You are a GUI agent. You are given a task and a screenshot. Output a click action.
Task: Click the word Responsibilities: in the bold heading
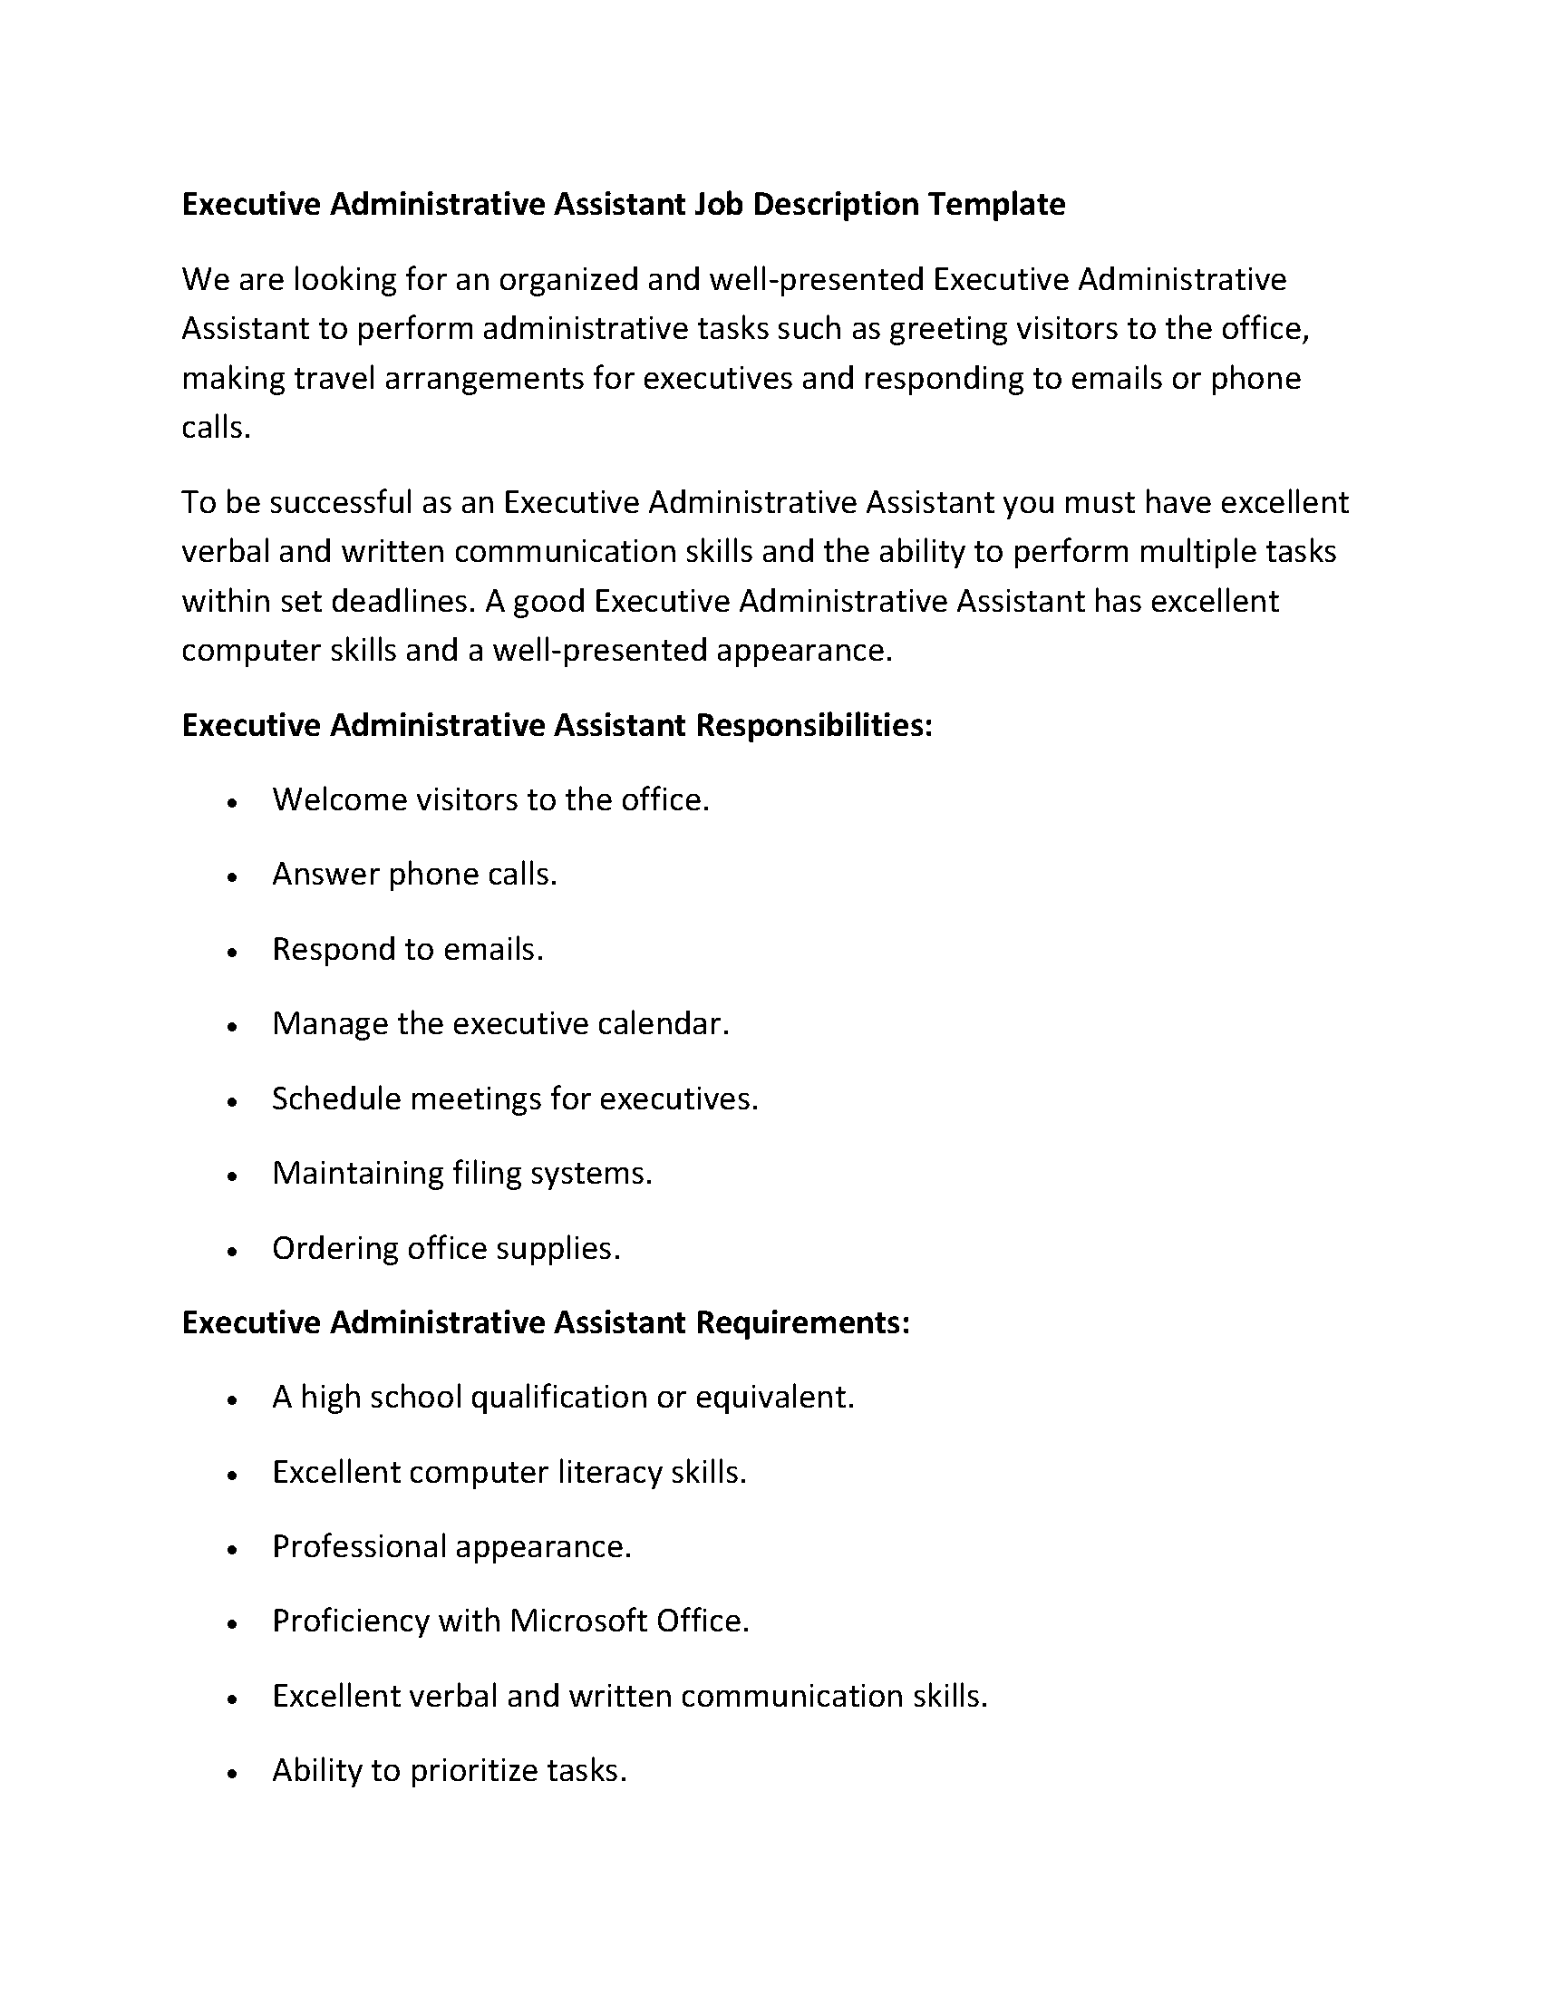click(x=813, y=725)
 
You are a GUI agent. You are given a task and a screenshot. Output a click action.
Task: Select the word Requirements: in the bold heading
click(x=802, y=1322)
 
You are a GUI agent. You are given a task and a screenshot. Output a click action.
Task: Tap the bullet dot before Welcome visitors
click(x=233, y=802)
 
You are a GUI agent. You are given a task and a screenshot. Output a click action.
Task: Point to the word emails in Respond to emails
click(x=493, y=950)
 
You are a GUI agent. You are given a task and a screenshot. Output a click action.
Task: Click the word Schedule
click(x=336, y=1099)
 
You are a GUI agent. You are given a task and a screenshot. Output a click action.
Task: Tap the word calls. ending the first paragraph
click(x=216, y=427)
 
